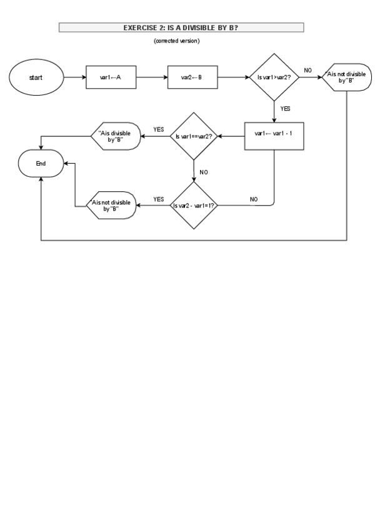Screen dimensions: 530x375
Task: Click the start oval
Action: pyautogui.click(x=36, y=77)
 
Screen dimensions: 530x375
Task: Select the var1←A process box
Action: pyautogui.click(x=110, y=77)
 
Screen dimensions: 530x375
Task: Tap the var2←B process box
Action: pyautogui.click(x=192, y=77)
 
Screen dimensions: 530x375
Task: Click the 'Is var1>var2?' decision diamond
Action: pyautogui.click(x=274, y=77)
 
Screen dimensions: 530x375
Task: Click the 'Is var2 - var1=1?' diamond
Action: pyautogui.click(x=194, y=204)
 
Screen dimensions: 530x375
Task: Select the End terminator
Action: pyautogui.click(x=41, y=164)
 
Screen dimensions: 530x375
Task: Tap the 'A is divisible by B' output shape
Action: pyautogui.click(x=114, y=135)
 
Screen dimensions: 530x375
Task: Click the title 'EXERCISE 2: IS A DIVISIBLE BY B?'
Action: pyautogui.click(x=181, y=27)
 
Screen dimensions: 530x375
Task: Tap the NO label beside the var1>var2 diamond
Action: pyautogui.click(x=307, y=71)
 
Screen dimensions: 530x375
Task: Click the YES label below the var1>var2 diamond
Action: pyautogui.click(x=285, y=109)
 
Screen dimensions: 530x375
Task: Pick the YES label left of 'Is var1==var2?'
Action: pyautogui.click(x=158, y=129)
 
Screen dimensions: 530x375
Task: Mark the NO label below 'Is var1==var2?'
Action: pyautogui.click(x=204, y=171)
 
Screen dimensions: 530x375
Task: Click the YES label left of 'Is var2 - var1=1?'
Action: pyautogui.click(x=158, y=199)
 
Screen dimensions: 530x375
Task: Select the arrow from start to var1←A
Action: pyautogui.click(x=74, y=77)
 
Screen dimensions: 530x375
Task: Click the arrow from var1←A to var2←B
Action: pyautogui.click(x=151, y=77)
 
